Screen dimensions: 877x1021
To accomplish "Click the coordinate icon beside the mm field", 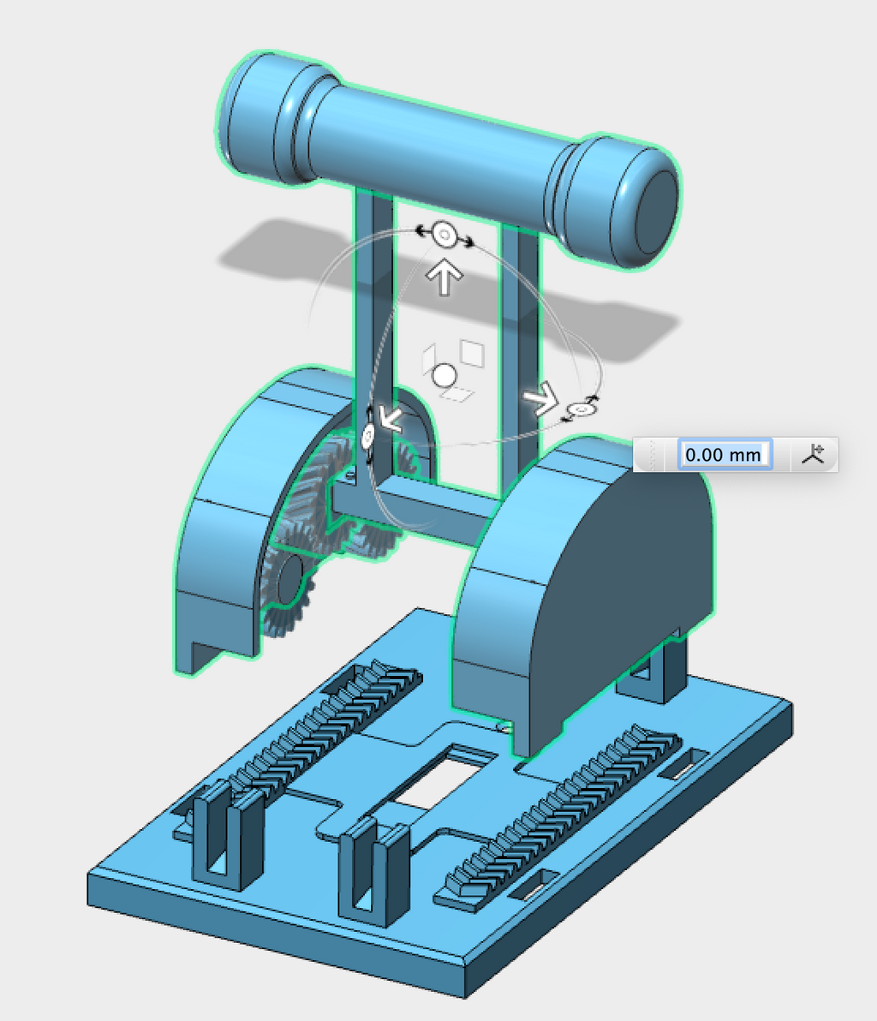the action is (813, 454).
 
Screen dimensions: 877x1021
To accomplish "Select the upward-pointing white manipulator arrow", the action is (444, 277).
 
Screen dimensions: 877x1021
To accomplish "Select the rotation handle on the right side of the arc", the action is (580, 409).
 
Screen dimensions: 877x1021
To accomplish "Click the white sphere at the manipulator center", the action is (444, 376).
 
